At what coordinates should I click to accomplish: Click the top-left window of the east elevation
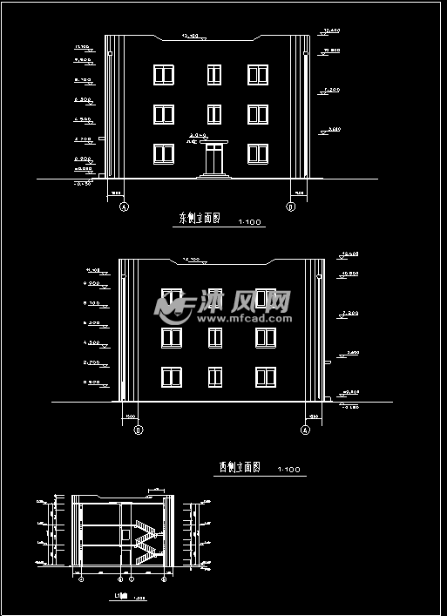[x=163, y=74]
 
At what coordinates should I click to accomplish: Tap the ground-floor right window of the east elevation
[x=257, y=154]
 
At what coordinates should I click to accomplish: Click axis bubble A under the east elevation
[x=123, y=206]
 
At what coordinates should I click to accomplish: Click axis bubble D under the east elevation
[x=290, y=206]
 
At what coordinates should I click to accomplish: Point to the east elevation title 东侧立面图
[x=200, y=219]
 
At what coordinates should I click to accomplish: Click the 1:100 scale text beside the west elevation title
[x=288, y=471]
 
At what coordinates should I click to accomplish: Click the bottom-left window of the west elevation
[x=171, y=376]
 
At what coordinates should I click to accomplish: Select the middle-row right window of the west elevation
[x=266, y=336]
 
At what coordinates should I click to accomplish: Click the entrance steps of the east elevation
[x=213, y=175]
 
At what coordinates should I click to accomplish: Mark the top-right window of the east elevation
[x=257, y=74]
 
